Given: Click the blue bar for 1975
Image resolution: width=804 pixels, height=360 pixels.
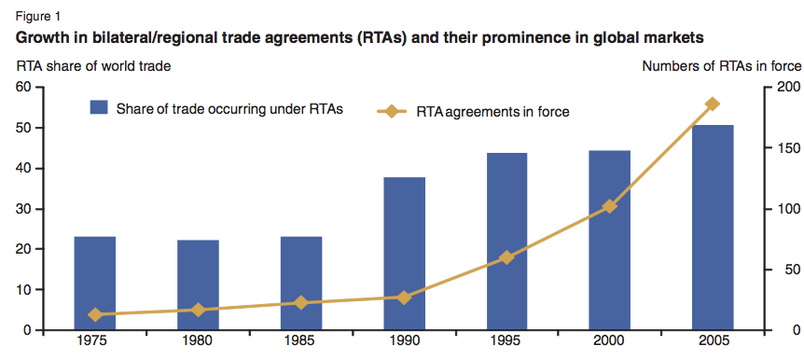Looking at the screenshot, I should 94,284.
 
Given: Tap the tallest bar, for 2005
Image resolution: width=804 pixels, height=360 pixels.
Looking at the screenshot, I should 713,228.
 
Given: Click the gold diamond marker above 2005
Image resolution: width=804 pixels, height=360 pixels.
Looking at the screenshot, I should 713,104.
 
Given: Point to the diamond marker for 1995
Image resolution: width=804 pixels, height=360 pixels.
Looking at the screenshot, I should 506,257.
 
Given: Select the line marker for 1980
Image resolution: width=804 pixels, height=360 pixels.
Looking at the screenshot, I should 198,310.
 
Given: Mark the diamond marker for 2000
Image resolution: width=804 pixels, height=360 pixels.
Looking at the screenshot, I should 610,206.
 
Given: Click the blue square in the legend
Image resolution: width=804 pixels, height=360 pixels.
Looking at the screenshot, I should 100,108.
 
